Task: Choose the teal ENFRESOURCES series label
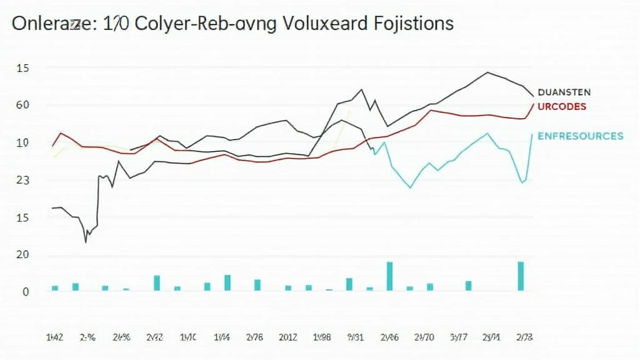click(x=580, y=136)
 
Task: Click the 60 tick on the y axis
click(x=22, y=104)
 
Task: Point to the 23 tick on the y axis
click(x=22, y=180)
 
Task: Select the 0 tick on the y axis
click(x=26, y=291)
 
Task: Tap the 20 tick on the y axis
click(x=22, y=254)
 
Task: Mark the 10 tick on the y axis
click(x=22, y=142)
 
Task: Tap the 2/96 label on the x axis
click(x=389, y=337)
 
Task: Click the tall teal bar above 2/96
click(x=389, y=276)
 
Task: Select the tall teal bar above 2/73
click(x=521, y=276)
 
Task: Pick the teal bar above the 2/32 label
click(x=157, y=282)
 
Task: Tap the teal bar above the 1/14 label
click(x=227, y=282)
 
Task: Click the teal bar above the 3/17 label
click(x=468, y=286)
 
